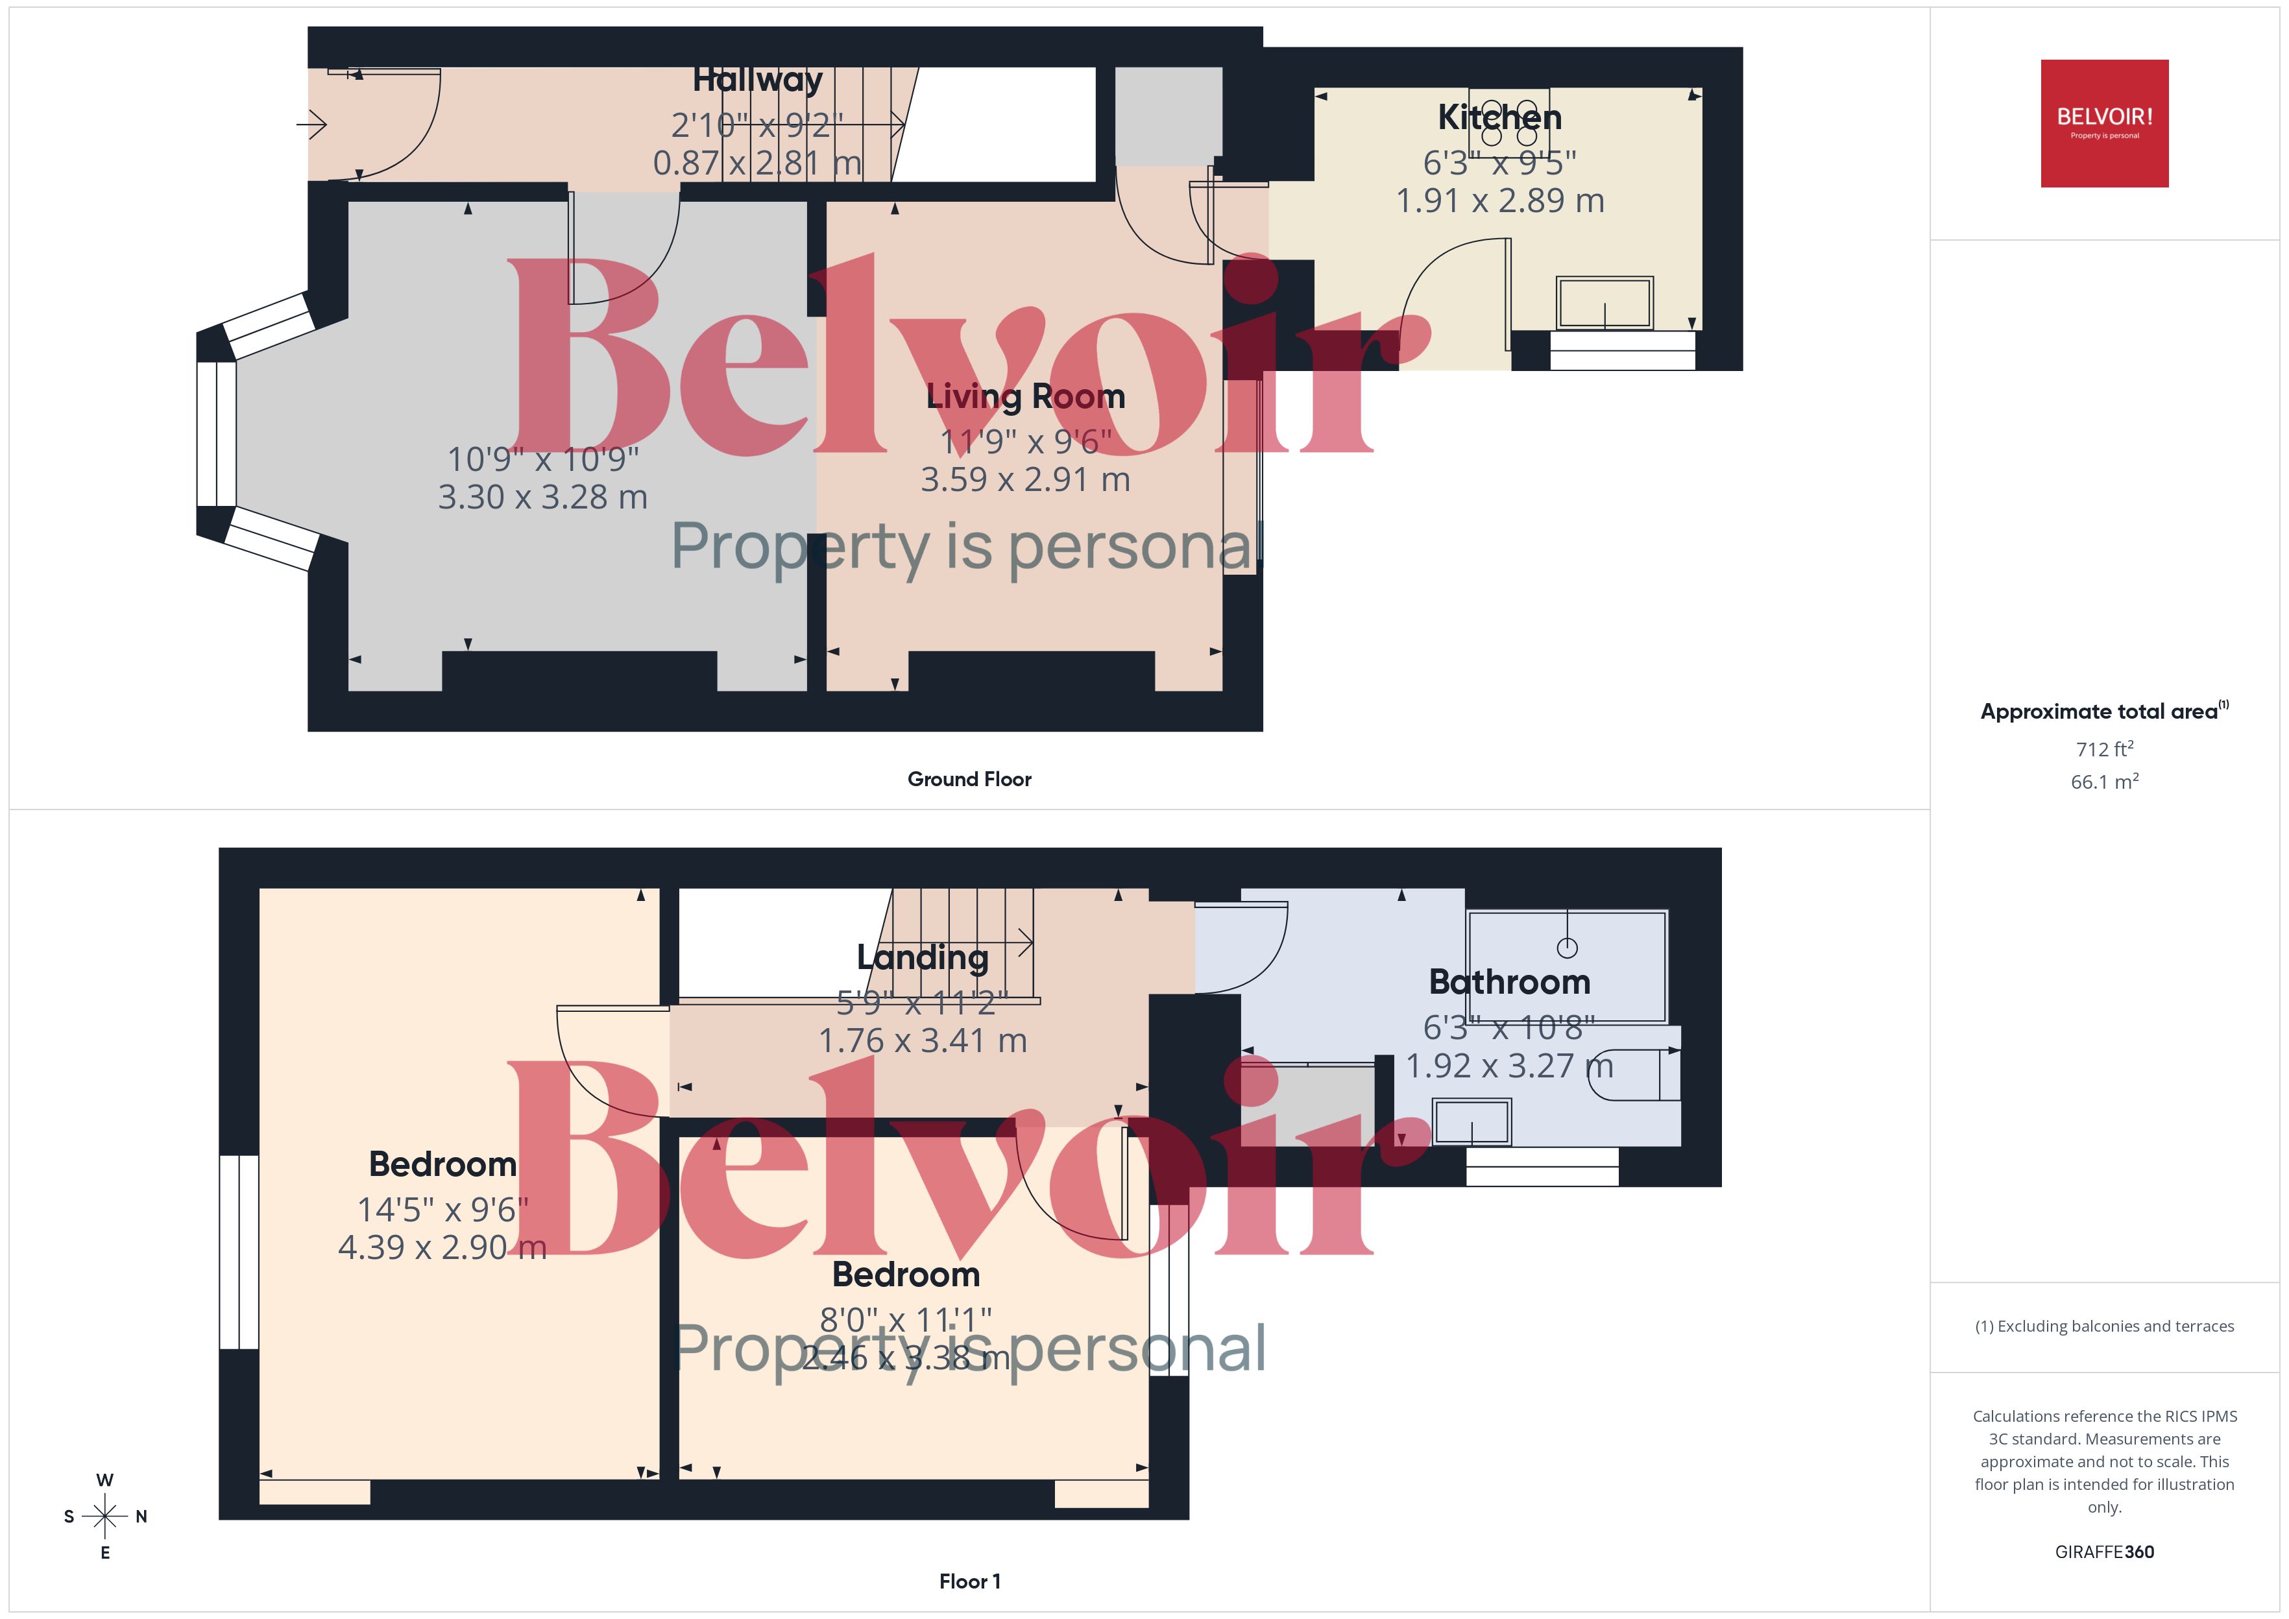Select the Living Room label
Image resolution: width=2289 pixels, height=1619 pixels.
(1025, 397)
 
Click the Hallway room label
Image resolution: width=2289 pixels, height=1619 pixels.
(758, 80)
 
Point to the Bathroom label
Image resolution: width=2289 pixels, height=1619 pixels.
(1509, 982)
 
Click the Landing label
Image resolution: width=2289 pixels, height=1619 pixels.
(922, 957)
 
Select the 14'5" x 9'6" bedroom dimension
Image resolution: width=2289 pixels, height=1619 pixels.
(442, 1209)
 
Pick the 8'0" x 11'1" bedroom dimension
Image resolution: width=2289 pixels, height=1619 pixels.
(905, 1319)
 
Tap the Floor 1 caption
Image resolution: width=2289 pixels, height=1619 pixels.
(969, 1581)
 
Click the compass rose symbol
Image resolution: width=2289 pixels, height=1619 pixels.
(104, 1517)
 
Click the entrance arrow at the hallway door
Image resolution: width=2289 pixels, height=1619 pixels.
(312, 125)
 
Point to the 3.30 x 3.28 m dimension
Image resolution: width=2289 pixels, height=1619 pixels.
(542, 496)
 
